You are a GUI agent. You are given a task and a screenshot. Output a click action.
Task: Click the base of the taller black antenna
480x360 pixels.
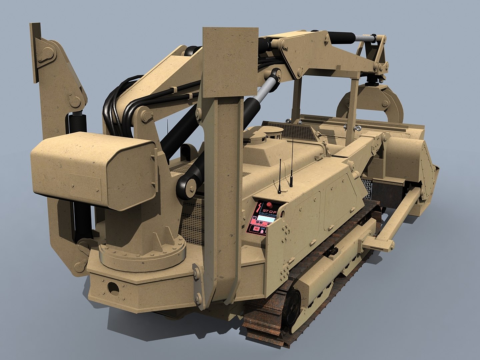click(x=291, y=186)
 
